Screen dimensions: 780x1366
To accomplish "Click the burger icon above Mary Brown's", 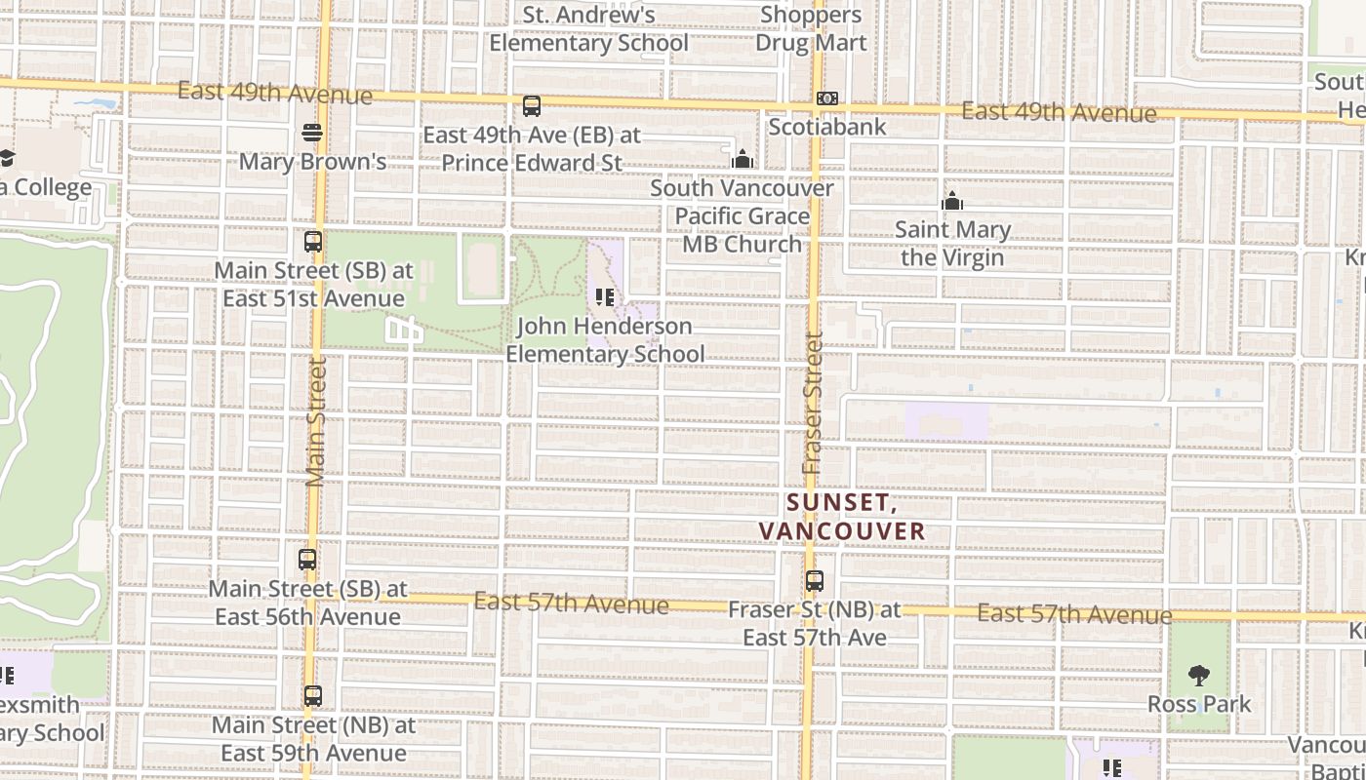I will point(312,132).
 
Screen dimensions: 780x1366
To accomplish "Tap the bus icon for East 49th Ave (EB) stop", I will point(531,106).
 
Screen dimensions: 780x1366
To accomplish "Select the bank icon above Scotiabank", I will point(826,98).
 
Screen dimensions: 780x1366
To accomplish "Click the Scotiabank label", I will point(827,127).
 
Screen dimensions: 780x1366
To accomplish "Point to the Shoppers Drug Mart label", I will point(811,29).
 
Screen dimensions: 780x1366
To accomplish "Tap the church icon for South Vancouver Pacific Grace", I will point(743,158).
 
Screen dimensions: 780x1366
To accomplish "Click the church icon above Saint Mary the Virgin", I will point(951,202).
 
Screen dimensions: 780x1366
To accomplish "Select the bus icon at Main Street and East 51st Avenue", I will point(312,241).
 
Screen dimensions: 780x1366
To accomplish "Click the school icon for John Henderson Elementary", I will point(604,297).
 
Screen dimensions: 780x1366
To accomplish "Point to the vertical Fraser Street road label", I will point(813,404).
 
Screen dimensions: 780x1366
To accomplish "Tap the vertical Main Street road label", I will point(314,421).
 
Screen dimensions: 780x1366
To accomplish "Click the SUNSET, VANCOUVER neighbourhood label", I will point(841,517).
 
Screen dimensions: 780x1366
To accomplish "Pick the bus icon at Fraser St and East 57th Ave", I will point(814,581).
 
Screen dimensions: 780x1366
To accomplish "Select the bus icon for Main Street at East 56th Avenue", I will point(307,560).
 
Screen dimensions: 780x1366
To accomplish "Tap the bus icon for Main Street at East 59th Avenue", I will point(312,696).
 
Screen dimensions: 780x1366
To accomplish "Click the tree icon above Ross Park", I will point(1199,675).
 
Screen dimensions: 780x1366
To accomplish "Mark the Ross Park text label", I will point(1199,704).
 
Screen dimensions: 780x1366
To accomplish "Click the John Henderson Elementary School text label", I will point(605,340).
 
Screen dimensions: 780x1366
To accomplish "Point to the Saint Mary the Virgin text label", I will point(952,244).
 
